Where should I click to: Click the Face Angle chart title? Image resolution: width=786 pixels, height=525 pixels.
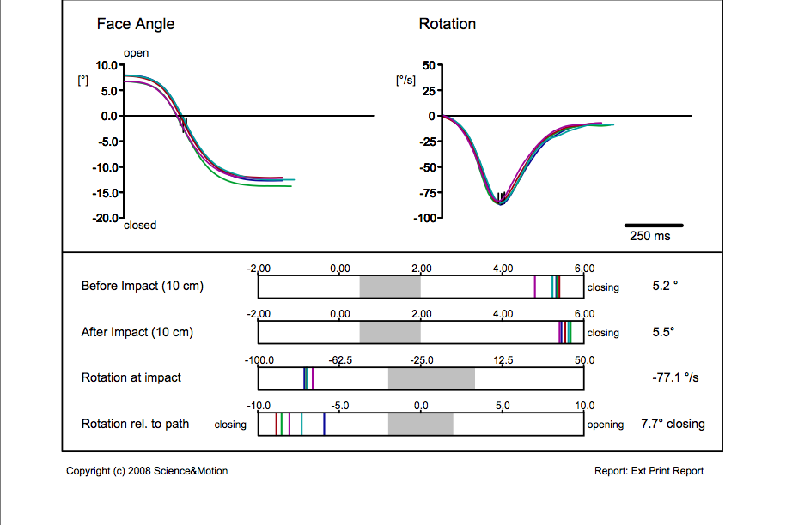[135, 24]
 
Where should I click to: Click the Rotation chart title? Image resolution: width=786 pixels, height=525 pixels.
[447, 24]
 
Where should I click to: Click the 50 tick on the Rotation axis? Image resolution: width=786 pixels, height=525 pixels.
[430, 65]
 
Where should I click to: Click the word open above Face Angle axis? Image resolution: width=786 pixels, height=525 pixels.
[136, 53]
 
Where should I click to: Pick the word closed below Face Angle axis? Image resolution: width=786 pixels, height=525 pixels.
[140, 226]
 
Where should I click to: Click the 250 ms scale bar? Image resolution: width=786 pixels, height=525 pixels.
[653, 225]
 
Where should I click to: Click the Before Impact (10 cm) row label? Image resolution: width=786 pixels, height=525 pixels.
[142, 286]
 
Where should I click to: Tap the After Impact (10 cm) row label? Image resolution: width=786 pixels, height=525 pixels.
[137, 332]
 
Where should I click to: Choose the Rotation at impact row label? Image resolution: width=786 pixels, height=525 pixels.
[131, 377]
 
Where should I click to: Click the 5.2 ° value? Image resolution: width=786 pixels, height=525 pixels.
[665, 286]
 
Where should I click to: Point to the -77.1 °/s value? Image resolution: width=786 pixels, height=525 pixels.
[675, 377]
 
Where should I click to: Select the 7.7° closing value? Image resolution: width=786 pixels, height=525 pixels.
[673, 424]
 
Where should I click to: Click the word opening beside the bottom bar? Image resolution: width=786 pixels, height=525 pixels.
[606, 425]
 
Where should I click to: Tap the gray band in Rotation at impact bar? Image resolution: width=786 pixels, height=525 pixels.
[431, 378]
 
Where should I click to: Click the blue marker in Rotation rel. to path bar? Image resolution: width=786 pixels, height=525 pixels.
[324, 424]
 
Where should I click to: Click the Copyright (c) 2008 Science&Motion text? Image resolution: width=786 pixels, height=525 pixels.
[147, 471]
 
